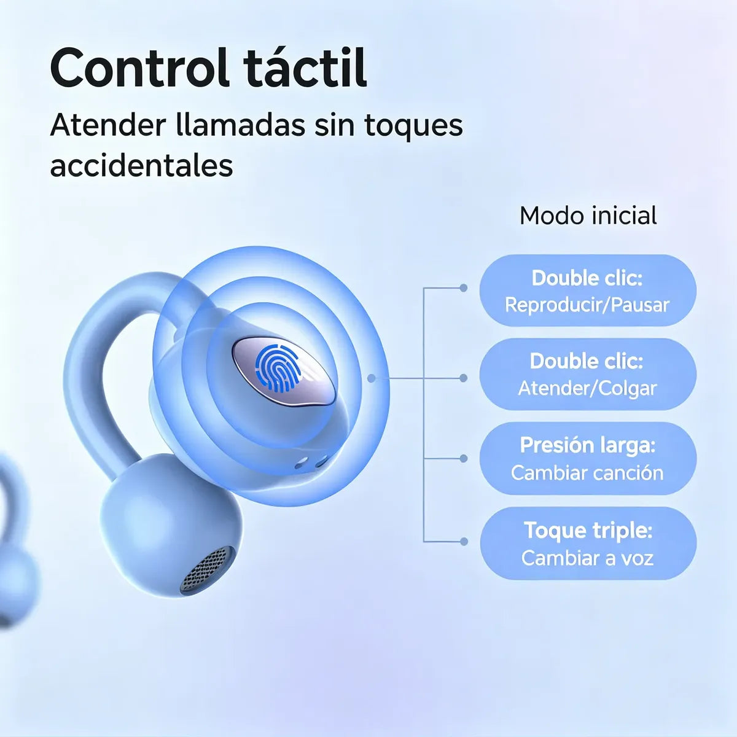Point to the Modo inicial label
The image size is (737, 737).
coord(588,216)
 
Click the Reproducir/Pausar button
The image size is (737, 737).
coord(588,291)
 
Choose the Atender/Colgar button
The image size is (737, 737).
coord(588,374)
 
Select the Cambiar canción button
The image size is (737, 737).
coord(588,458)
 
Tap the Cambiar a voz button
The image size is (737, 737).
coord(588,543)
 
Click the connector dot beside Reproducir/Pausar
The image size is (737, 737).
coord(463,288)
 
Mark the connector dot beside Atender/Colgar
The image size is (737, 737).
coord(463,378)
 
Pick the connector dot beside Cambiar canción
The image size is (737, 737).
coord(463,458)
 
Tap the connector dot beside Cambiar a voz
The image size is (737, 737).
coord(464,541)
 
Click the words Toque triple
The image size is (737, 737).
coord(588,531)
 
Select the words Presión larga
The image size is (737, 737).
coord(588,445)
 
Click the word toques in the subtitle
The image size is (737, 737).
coord(413,126)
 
